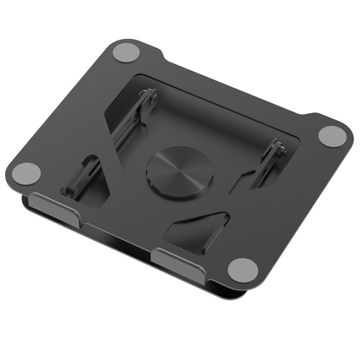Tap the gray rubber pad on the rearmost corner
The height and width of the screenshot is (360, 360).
[x=127, y=53]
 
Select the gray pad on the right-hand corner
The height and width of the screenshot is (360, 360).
[x=332, y=135]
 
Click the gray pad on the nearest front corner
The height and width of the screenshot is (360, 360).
[x=243, y=269]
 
